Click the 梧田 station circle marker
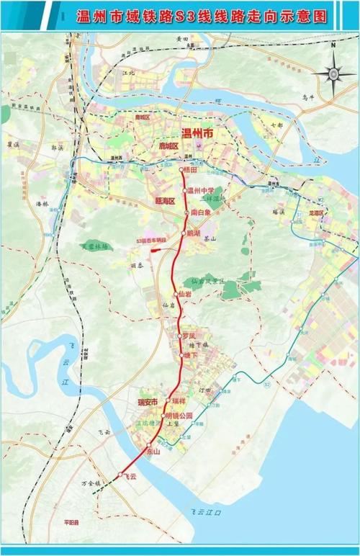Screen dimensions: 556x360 click(x=181, y=170)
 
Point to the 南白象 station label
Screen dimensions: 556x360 click(x=200, y=213)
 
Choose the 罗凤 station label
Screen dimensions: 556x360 click(x=189, y=336)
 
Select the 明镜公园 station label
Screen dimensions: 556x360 click(x=180, y=416)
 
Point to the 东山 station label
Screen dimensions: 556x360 click(x=153, y=452)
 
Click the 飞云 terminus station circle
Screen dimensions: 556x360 click(x=120, y=474)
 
